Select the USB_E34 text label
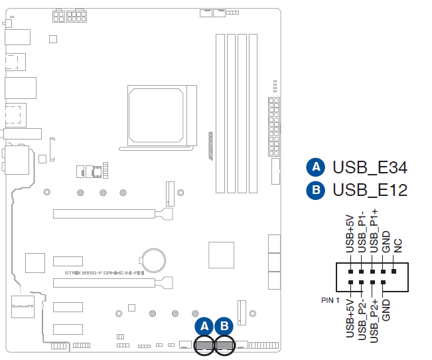(x=370, y=167)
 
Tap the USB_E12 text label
(x=370, y=191)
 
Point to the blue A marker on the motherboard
(x=205, y=325)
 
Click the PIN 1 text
(x=332, y=300)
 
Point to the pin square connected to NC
(x=394, y=271)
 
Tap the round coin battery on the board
(x=154, y=259)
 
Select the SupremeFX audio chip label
(x=21, y=306)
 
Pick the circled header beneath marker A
(x=205, y=344)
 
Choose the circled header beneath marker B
(x=226, y=344)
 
